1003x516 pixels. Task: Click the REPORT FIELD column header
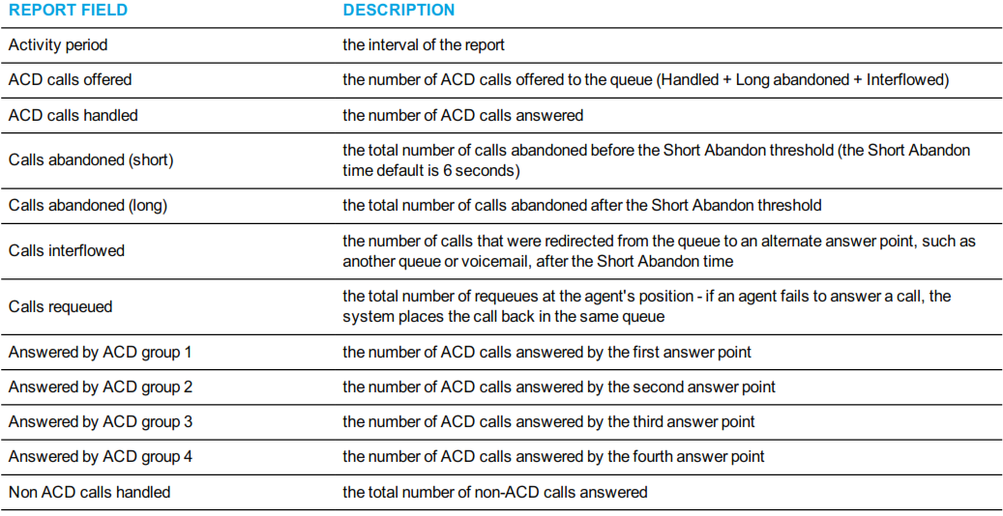(x=68, y=11)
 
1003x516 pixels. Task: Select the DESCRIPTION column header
(x=398, y=11)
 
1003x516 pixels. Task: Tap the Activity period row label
(x=58, y=45)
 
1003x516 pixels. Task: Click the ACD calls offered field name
(x=70, y=80)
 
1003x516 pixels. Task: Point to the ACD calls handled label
(x=73, y=115)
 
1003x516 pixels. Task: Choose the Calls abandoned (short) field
(x=91, y=159)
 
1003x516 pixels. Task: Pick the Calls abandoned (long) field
(x=88, y=205)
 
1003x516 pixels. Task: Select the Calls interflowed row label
(x=67, y=250)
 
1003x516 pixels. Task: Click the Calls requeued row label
(x=60, y=307)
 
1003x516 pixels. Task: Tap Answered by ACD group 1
(x=100, y=352)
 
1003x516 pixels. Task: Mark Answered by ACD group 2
(x=101, y=387)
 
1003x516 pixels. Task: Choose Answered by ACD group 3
(x=101, y=422)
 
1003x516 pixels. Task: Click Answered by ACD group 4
(x=101, y=457)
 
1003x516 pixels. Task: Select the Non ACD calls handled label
(x=89, y=493)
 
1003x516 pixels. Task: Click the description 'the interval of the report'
(x=424, y=45)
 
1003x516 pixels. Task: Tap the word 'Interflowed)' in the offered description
(x=907, y=80)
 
